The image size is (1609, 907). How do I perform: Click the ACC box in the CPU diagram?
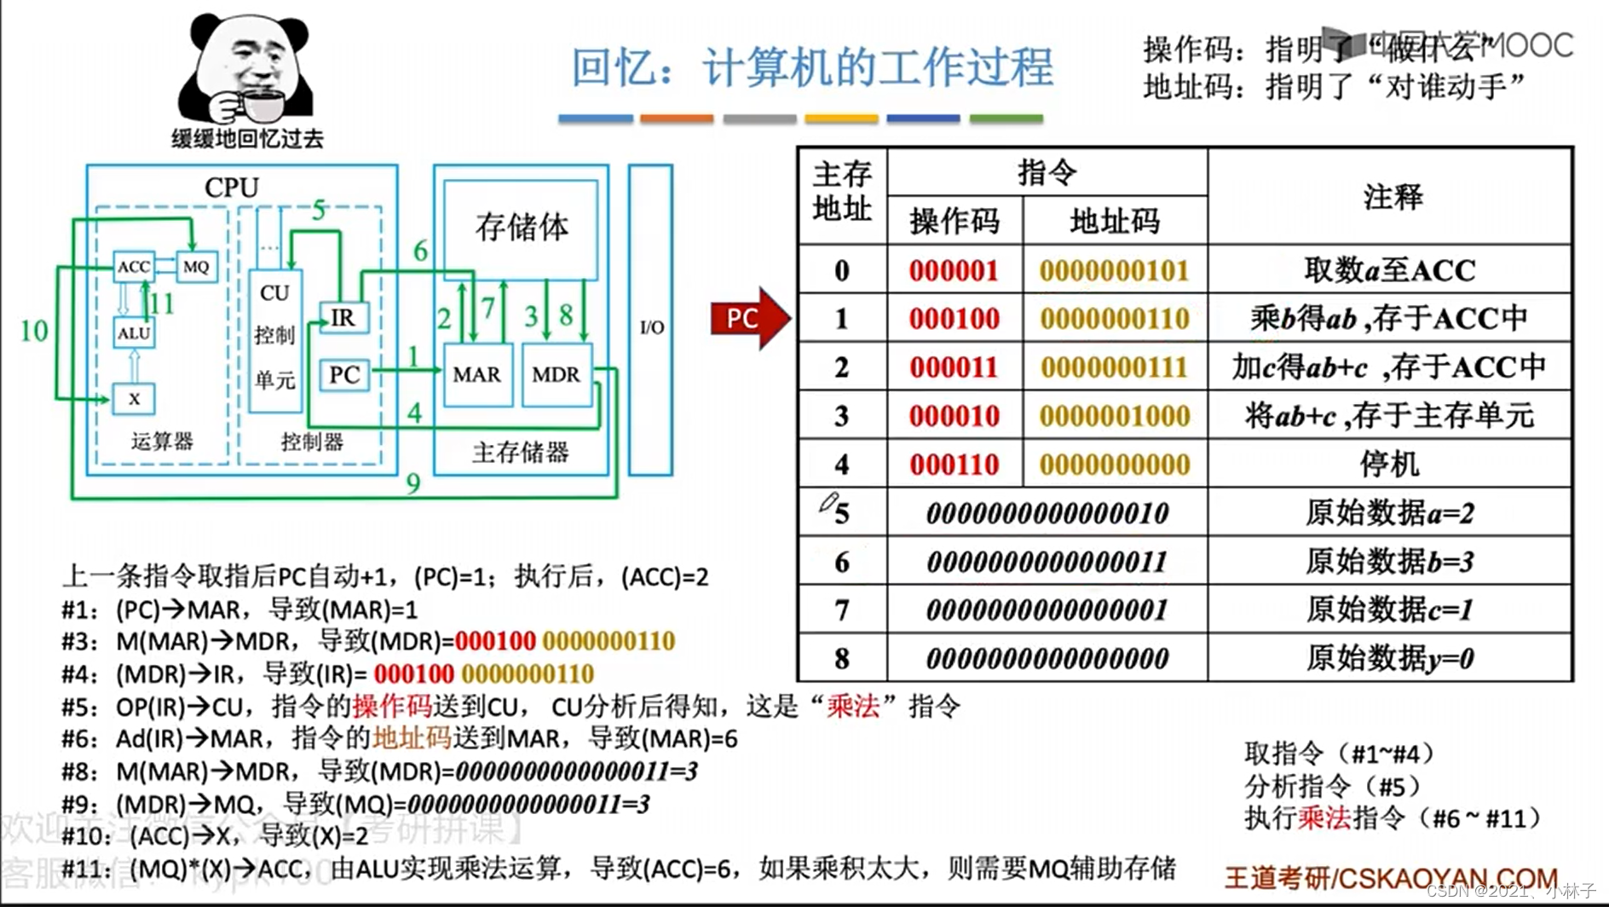pos(134,267)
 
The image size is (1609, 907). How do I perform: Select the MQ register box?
pos(196,267)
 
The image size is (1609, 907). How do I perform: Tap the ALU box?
pos(134,332)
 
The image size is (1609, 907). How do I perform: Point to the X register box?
pos(134,398)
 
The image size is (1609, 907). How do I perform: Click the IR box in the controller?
pos(343,318)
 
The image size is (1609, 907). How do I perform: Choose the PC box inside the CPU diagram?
pos(344,375)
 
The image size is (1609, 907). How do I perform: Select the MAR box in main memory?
pos(477,374)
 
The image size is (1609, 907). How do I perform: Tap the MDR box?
pos(556,374)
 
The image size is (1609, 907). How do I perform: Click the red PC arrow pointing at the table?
pos(748,319)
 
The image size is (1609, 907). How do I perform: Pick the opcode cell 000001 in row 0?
pos(954,271)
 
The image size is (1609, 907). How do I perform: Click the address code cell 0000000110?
pos(1114,319)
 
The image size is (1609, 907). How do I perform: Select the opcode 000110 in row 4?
pos(954,465)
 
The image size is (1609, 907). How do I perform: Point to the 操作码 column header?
pos(954,222)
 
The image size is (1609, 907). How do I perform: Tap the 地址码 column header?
pos(1114,222)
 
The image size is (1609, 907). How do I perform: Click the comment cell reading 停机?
pos(1389,465)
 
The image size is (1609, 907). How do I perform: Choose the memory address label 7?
pos(842,610)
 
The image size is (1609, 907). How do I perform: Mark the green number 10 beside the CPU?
pos(34,331)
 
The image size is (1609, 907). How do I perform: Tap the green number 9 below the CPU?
pos(413,483)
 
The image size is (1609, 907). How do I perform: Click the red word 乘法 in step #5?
pos(852,706)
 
